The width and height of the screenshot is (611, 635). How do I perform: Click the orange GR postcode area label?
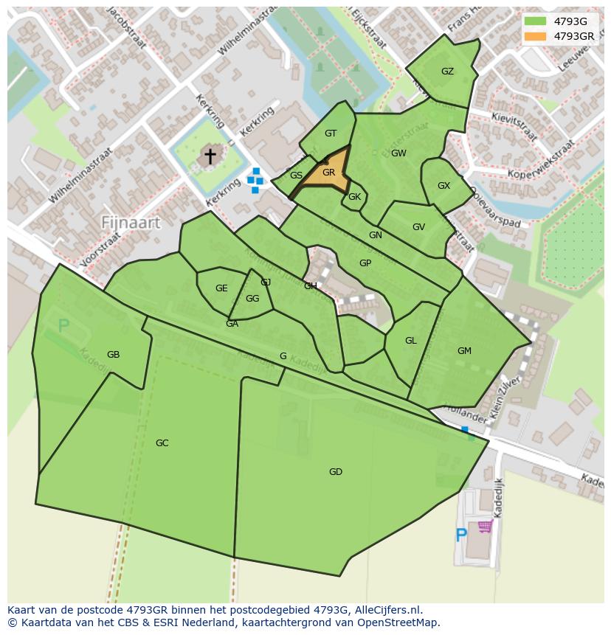click(328, 173)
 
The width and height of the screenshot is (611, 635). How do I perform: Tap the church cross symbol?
click(210, 156)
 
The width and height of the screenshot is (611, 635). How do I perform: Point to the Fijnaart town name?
click(131, 221)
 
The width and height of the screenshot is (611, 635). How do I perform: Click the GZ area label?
click(447, 72)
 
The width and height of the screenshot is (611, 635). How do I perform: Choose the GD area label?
click(336, 472)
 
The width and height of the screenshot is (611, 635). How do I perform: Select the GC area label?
click(162, 443)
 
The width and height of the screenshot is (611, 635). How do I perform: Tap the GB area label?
click(113, 355)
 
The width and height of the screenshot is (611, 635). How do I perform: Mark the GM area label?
click(464, 351)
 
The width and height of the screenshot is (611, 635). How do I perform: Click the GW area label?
click(398, 153)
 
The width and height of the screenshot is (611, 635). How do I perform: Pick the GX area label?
click(443, 186)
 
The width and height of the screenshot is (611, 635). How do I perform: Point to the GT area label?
click(331, 133)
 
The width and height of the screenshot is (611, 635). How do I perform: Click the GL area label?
click(411, 341)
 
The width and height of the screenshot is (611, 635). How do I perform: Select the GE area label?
click(221, 288)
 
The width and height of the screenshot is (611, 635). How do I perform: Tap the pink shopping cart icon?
click(485, 526)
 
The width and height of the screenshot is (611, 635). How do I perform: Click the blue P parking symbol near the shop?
click(461, 535)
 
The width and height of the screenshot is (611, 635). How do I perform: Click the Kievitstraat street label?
click(514, 125)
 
